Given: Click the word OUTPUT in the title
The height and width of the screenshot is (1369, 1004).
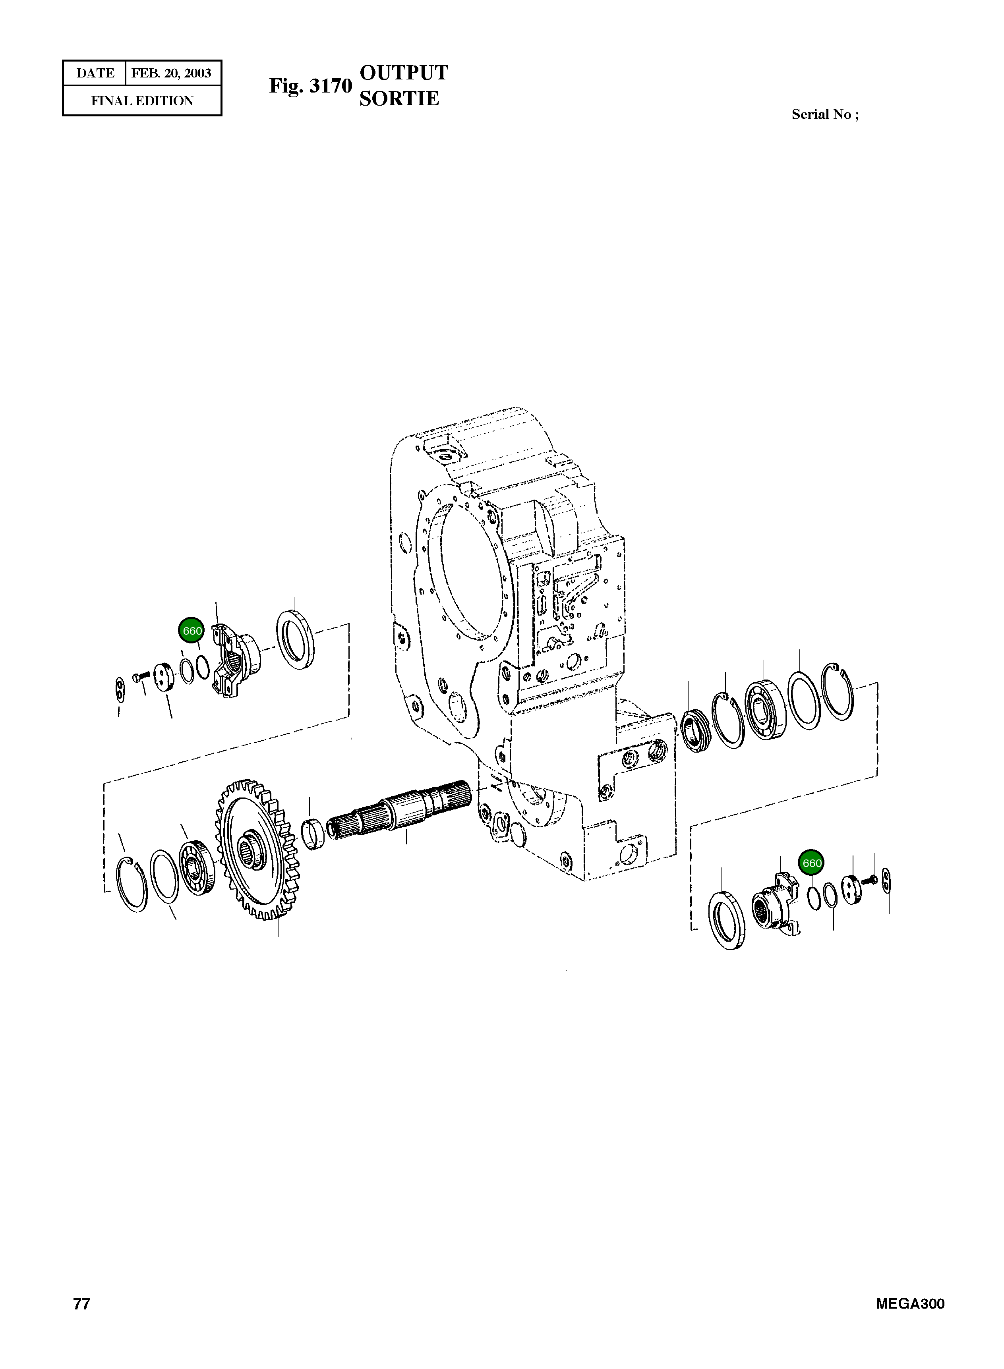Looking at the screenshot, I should [404, 73].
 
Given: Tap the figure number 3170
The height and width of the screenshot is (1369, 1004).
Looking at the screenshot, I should [330, 86].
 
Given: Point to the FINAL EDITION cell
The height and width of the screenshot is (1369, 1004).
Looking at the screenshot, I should [142, 101].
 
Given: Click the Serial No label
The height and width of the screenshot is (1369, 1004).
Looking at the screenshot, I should [825, 114].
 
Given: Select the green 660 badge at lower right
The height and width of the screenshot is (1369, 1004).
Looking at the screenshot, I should [812, 863].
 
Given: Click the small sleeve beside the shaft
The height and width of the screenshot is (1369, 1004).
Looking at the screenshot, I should [313, 834].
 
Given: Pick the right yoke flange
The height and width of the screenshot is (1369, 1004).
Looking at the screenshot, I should [776, 899].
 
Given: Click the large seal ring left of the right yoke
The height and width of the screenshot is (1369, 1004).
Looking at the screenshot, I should [727, 921].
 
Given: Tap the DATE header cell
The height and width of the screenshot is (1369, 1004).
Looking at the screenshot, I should [95, 73].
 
